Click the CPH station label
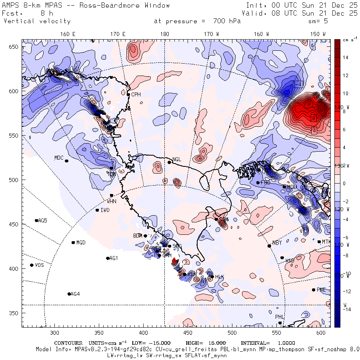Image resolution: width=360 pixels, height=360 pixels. click(136, 94)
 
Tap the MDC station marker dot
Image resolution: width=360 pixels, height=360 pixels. click(66, 161)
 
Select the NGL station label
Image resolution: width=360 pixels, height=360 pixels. click(176, 160)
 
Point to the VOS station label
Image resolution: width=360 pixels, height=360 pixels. click(39, 265)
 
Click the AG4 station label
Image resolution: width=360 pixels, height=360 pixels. click(75, 294)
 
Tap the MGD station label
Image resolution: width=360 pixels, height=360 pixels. click(81, 242)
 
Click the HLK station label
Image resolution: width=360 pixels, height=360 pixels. click(219, 277)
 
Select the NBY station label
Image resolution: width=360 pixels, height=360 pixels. click(277, 243)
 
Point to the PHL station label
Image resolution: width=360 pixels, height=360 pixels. click(279, 317)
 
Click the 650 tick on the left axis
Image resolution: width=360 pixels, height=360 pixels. click(15, 47)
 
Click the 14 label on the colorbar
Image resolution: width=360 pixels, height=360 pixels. click(345, 58)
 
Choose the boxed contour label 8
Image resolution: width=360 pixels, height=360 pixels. click(314, 118)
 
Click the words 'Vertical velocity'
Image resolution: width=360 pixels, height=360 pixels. click(37, 21)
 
